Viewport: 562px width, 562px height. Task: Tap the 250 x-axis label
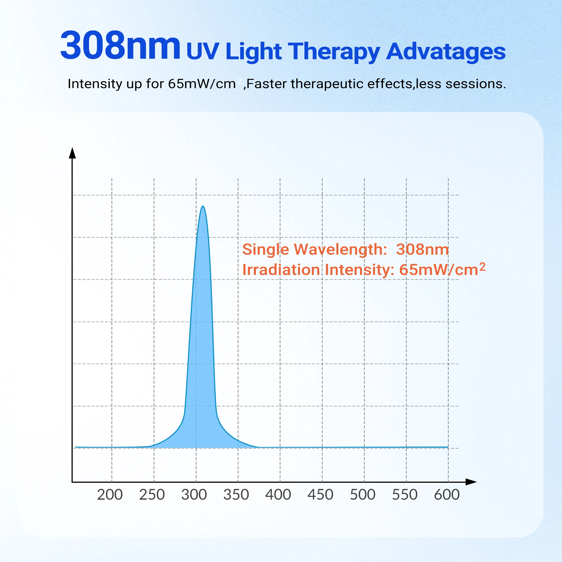point(152,495)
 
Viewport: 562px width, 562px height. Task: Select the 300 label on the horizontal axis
point(194,495)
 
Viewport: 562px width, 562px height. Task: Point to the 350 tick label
point(236,495)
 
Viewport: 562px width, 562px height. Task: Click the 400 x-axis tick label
point(278,495)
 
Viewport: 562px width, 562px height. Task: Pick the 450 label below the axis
point(320,495)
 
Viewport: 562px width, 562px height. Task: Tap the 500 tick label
point(363,495)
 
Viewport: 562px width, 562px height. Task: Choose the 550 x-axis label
point(405,495)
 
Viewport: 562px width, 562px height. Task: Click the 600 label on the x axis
point(447,495)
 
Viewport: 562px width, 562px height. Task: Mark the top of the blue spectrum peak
point(203,206)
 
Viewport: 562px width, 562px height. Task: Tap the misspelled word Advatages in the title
point(446,52)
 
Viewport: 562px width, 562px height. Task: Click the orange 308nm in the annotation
point(422,249)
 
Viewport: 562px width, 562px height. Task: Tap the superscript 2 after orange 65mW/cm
point(482,266)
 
